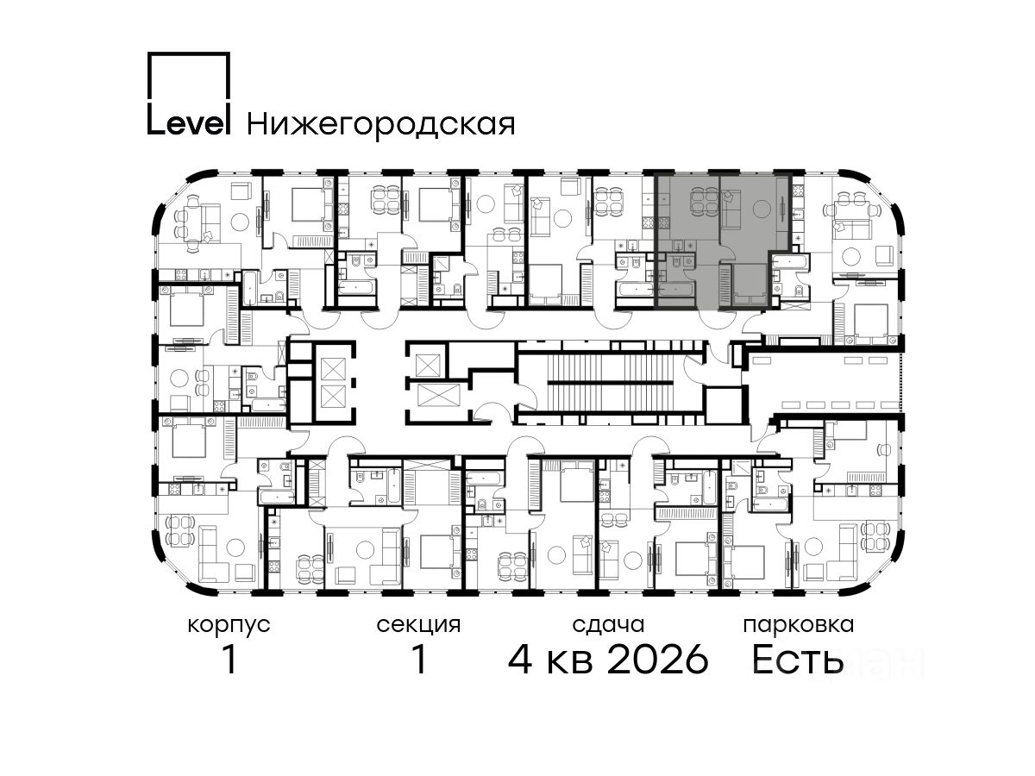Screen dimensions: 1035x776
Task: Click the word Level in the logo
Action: click(x=189, y=123)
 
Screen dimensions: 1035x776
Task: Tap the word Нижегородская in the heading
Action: click(x=381, y=125)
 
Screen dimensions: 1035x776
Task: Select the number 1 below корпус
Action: click(x=229, y=660)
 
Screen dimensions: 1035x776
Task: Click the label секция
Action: click(x=418, y=626)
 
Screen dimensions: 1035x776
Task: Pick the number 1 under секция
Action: click(x=418, y=660)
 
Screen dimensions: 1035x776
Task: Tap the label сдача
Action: click(x=608, y=626)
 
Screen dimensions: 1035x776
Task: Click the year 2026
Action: click(x=658, y=660)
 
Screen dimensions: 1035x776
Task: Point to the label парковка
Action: click(x=799, y=626)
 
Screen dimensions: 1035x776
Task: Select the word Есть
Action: click(x=798, y=660)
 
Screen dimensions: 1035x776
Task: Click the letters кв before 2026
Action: click(x=570, y=662)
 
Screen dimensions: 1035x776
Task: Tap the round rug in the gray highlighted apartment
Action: click(x=762, y=209)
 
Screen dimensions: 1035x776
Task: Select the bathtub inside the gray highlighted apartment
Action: click(x=677, y=290)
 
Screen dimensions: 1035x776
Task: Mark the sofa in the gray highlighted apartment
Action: click(x=729, y=207)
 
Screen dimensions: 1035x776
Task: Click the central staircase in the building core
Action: click(x=612, y=383)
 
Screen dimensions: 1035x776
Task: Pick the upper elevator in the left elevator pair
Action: click(x=334, y=368)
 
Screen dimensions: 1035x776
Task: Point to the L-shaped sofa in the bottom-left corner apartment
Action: click(x=216, y=554)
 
